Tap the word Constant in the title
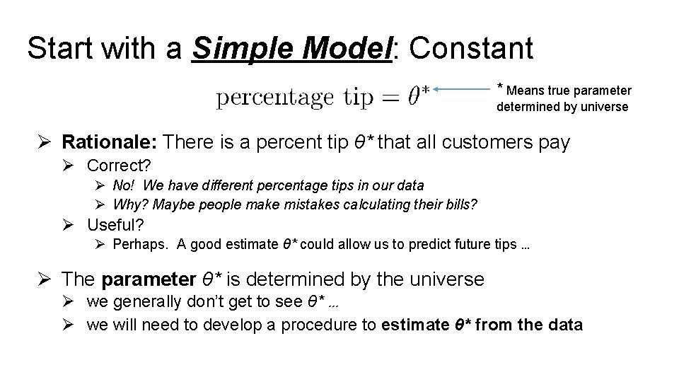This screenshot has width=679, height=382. (x=471, y=49)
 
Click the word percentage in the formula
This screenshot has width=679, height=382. (x=274, y=98)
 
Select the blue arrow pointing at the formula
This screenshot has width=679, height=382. (x=464, y=90)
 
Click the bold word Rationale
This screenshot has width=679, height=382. (x=110, y=142)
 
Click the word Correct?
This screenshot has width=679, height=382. (x=119, y=166)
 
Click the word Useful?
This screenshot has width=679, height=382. (x=115, y=225)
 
